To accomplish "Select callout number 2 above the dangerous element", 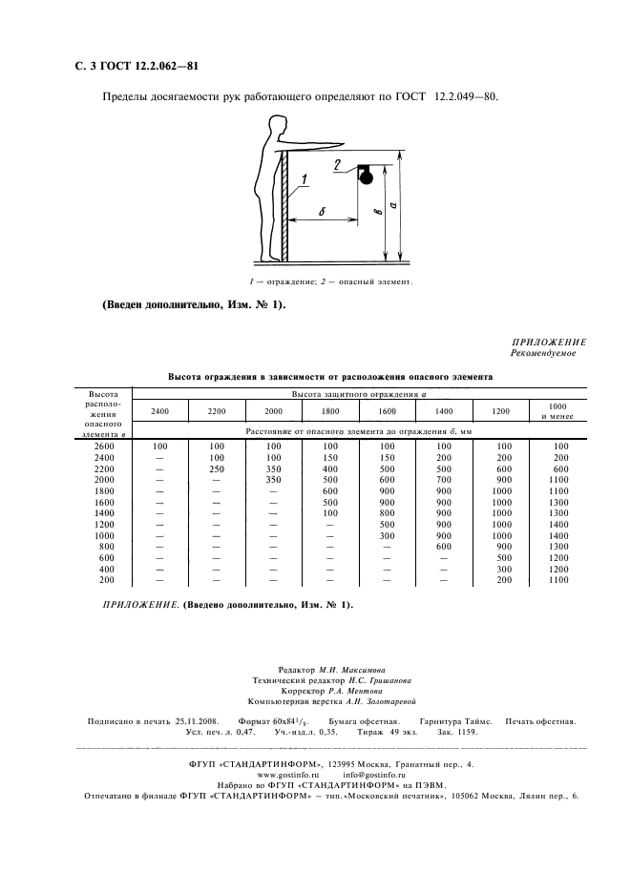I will tap(340, 164).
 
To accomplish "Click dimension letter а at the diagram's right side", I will tap(406, 203).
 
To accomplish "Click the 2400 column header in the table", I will tap(159, 411).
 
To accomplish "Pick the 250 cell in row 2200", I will tap(217, 470).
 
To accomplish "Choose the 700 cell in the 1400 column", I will tap(443, 482).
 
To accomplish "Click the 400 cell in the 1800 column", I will tap(330, 470).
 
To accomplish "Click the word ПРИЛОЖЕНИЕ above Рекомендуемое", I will tap(549, 343).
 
